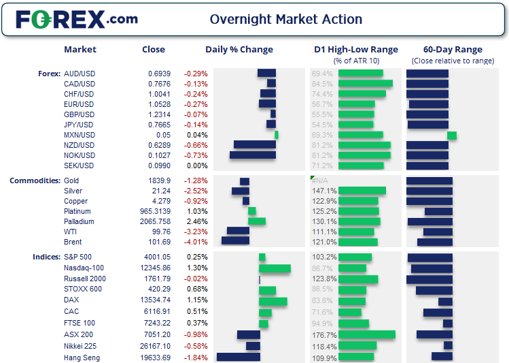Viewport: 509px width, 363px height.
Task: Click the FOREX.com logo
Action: pyautogui.click(x=76, y=19)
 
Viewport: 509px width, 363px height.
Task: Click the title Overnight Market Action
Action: pyautogui.click(x=285, y=19)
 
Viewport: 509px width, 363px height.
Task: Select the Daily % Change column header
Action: pyautogui.click(x=239, y=49)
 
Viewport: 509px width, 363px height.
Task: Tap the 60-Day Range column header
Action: pyautogui.click(x=453, y=49)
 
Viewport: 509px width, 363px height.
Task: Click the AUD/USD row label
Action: pyautogui.click(x=78, y=74)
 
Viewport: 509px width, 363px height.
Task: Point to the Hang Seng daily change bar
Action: pyautogui.click(x=238, y=357)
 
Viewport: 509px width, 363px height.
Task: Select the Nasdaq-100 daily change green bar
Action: pyautogui.click(x=275, y=268)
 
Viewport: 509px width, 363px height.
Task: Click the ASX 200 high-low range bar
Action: pyautogui.click(x=366, y=334)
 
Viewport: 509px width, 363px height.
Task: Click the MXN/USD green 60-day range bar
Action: pyautogui.click(x=452, y=136)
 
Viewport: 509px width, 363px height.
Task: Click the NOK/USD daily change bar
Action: pyautogui.click(x=253, y=155)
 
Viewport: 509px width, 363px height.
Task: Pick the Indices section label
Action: pyautogui.click(x=46, y=257)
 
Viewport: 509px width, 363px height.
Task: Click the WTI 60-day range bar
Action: pyautogui.click(x=438, y=232)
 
